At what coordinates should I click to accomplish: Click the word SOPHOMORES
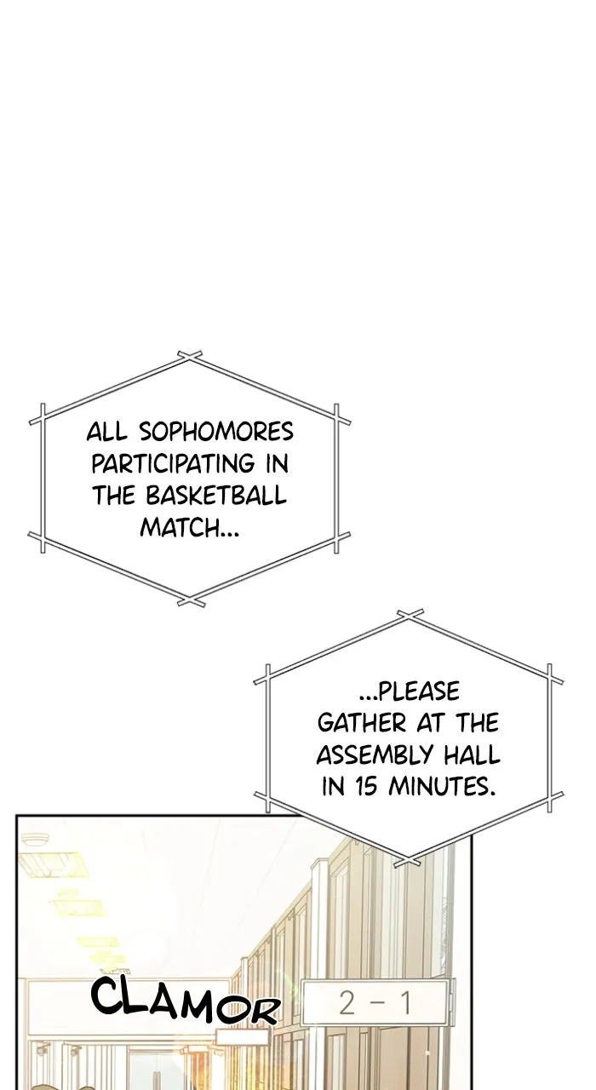(216, 432)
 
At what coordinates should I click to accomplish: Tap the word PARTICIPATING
(173, 463)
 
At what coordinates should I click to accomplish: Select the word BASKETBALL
(216, 496)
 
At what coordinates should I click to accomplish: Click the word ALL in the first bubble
(107, 432)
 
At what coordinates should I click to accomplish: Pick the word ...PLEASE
(409, 691)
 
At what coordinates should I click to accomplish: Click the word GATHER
(362, 723)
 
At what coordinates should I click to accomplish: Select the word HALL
(472, 754)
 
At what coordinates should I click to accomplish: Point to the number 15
(365, 786)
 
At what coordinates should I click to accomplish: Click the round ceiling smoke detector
(35, 840)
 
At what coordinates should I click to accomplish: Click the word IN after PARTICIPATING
(278, 463)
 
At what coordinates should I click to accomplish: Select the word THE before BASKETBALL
(113, 496)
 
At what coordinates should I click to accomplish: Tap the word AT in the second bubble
(431, 723)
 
